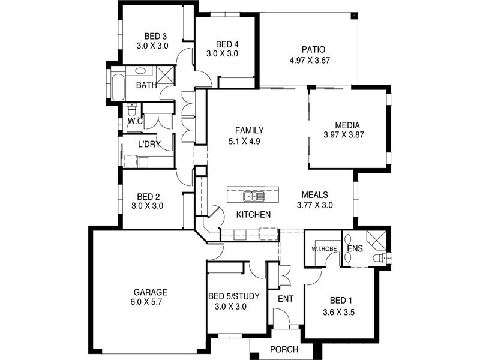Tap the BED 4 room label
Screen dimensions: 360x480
tap(227, 44)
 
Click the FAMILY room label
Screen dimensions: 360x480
tap(250, 130)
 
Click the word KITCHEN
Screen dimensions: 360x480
tap(253, 214)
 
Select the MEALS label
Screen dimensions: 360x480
tap(314, 195)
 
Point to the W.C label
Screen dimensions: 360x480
tap(134, 121)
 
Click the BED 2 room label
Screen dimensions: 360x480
tap(147, 196)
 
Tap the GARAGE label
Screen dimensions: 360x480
tap(150, 292)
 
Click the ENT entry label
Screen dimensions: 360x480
tap(286, 298)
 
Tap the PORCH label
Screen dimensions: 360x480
tap(284, 349)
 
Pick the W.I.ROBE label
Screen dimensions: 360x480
tap(323, 248)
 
